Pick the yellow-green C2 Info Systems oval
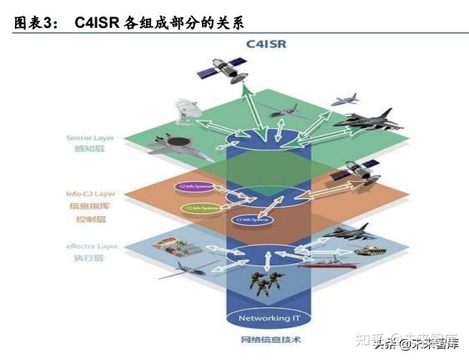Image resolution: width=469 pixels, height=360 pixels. coord(201,208)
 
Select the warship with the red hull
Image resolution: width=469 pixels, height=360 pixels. coord(326,263)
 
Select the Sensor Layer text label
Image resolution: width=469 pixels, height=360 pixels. coord(90,137)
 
